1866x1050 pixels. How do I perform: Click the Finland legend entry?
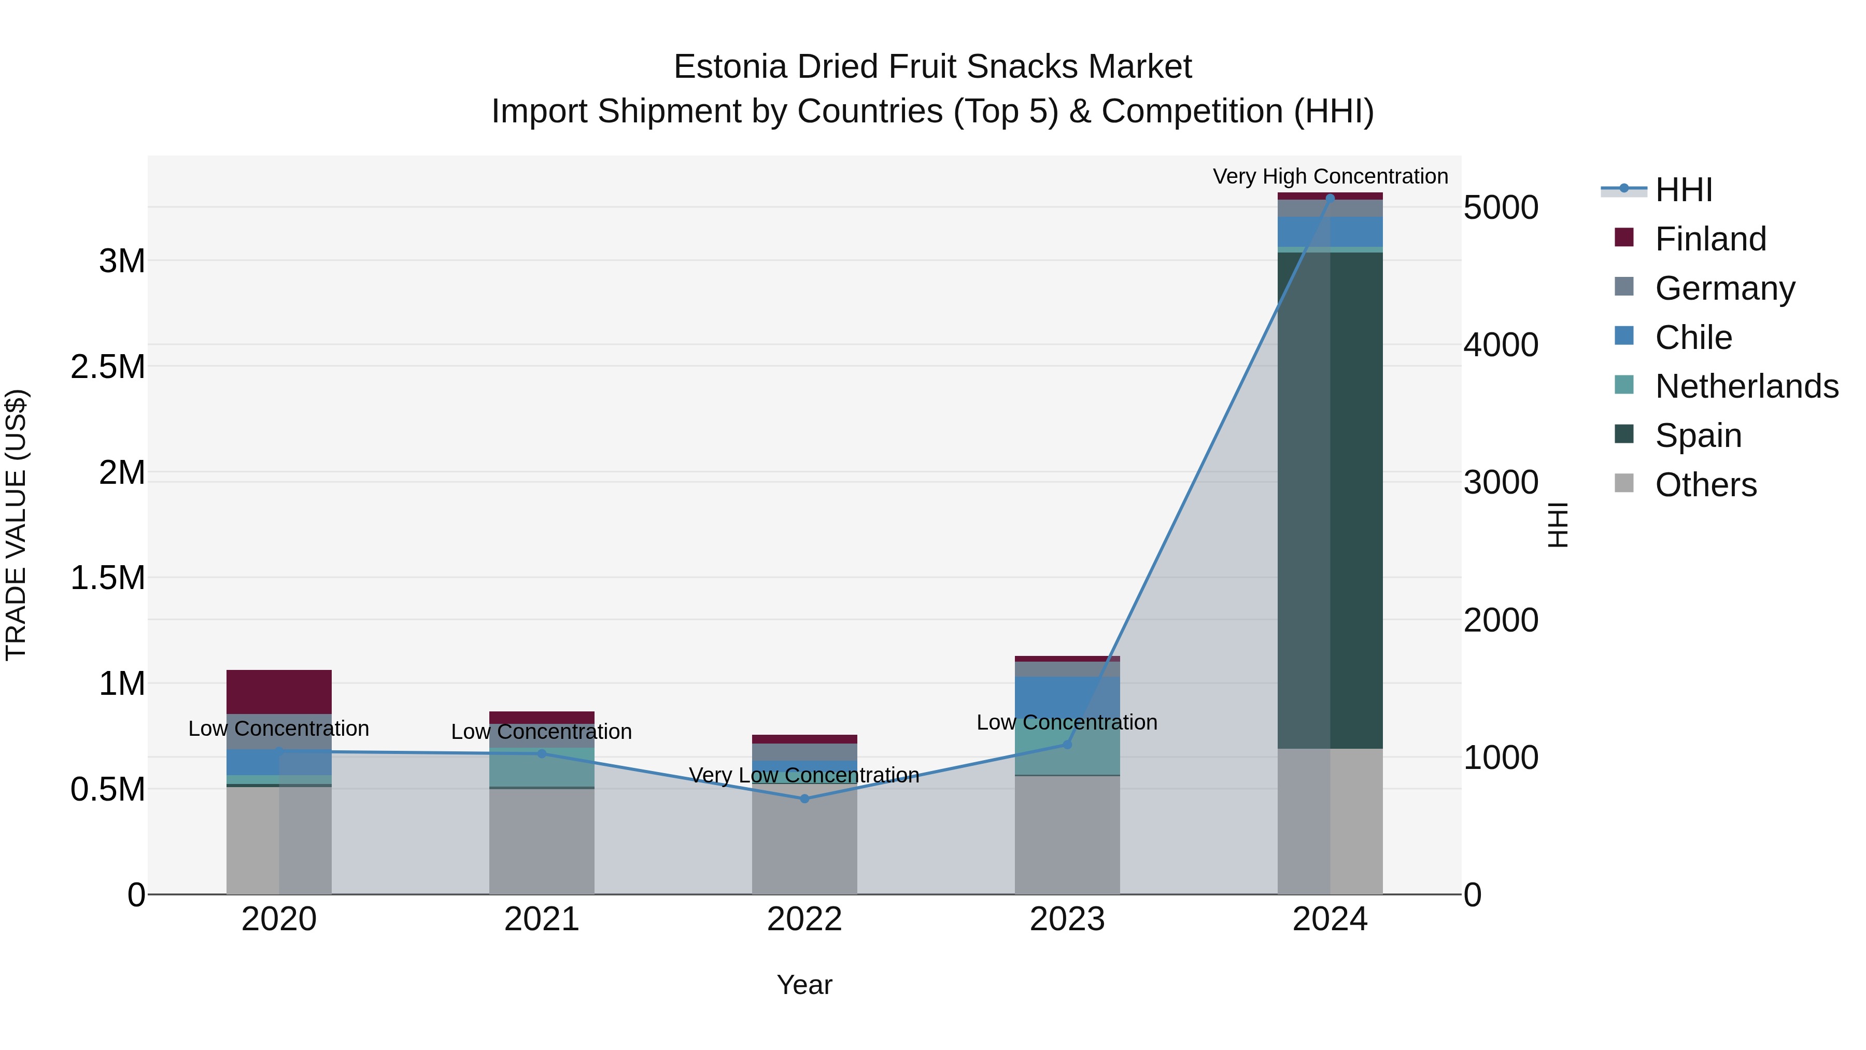1709,239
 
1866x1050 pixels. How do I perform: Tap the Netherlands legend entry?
1746,386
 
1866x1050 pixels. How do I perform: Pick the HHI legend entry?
1683,190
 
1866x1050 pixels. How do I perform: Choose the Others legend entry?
1705,485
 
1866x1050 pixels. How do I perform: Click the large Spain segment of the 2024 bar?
1330,500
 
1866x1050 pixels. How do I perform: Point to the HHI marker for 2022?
804,799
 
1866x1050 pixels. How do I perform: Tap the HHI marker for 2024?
1330,198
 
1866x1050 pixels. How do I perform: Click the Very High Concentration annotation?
1330,176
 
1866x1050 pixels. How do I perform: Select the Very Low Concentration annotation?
804,775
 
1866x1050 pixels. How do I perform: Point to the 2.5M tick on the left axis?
107,367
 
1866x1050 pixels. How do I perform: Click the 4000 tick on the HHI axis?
1500,345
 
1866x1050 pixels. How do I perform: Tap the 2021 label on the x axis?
541,919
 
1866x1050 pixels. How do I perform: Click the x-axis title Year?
804,985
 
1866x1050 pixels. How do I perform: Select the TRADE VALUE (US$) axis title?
16,525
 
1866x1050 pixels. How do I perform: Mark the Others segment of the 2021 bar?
541,841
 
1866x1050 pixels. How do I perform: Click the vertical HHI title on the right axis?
1558,525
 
